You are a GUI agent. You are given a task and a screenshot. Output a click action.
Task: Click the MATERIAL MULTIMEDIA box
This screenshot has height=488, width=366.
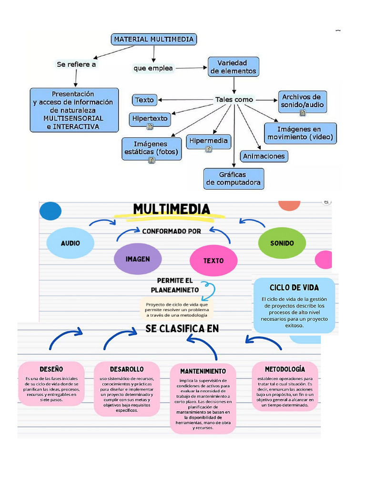click(153, 39)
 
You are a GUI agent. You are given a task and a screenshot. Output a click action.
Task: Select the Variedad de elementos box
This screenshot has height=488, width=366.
click(234, 67)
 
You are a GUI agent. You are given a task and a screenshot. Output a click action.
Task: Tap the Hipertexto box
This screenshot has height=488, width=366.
click(150, 119)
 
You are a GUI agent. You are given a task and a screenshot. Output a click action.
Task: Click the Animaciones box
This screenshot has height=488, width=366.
click(264, 156)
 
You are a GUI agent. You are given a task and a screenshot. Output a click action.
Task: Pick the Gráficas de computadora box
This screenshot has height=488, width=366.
click(234, 178)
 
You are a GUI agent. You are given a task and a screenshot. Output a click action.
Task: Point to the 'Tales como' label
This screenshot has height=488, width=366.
click(234, 100)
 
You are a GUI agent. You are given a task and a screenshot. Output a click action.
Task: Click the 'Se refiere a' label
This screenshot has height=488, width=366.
click(76, 64)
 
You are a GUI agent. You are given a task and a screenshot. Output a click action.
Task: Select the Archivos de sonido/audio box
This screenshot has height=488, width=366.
click(302, 101)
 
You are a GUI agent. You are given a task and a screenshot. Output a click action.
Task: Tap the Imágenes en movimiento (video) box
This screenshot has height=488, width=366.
click(300, 133)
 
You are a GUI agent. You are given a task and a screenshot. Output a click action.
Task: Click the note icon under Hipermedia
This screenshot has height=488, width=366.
click(209, 149)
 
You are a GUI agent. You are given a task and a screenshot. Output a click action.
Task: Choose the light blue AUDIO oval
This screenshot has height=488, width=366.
click(70, 243)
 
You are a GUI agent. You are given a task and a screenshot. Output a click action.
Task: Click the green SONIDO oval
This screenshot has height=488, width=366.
click(282, 243)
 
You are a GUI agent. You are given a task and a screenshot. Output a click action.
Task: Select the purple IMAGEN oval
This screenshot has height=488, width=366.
click(138, 259)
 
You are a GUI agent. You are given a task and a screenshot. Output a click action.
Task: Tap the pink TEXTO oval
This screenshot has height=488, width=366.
click(213, 260)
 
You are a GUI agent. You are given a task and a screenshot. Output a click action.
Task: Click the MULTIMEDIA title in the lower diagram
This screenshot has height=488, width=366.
click(172, 210)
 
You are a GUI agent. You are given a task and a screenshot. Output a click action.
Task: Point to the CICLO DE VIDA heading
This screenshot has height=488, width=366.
click(294, 287)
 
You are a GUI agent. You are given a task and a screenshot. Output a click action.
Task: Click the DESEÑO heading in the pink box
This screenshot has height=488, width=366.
click(51, 369)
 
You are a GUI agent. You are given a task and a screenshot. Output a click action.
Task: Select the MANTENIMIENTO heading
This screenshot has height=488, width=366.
click(203, 371)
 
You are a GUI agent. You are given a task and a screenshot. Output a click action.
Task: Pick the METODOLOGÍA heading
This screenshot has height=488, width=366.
click(285, 369)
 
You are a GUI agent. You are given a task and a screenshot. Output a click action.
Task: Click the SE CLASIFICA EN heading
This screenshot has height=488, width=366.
click(182, 329)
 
